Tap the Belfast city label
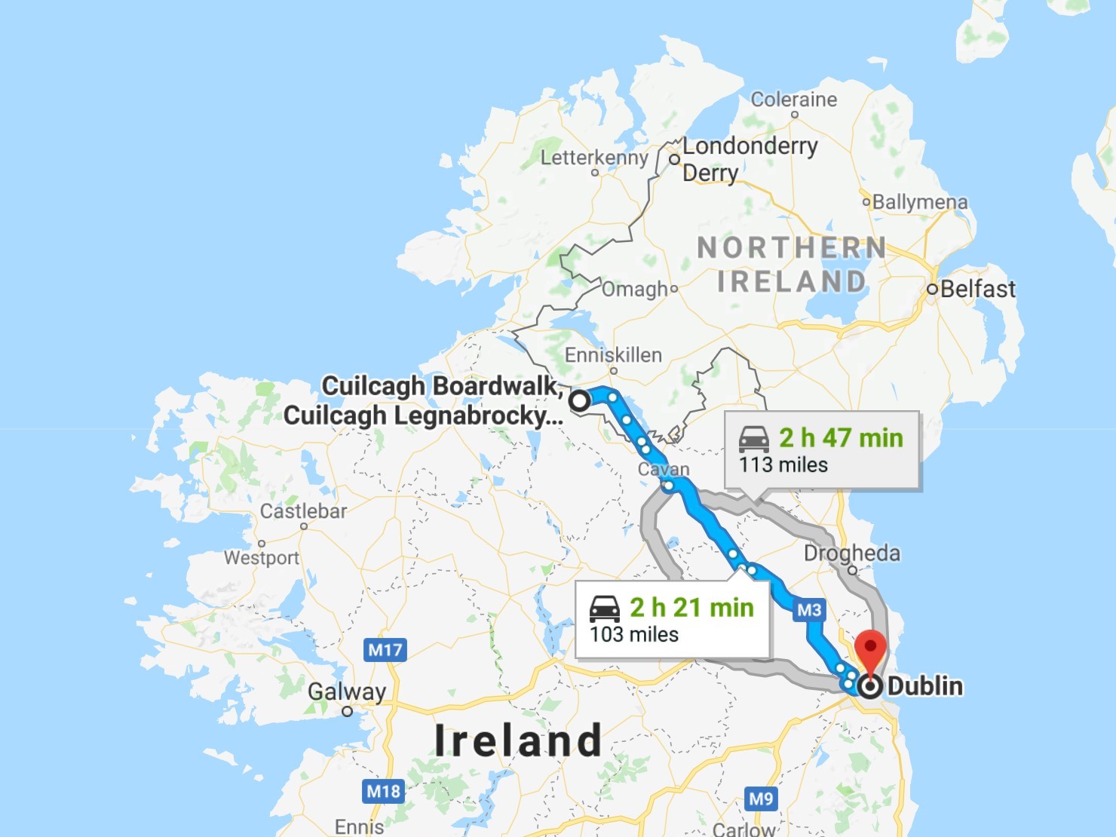(x=977, y=289)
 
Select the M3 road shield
(x=809, y=610)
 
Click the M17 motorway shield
(x=385, y=649)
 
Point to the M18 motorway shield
(x=383, y=791)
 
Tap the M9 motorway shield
(x=761, y=799)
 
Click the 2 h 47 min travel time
(x=841, y=438)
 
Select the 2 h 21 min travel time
(x=691, y=608)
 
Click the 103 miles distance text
(x=634, y=635)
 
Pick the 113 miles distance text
(x=783, y=464)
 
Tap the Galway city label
(x=347, y=691)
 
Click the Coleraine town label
(x=793, y=100)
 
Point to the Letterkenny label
(x=594, y=158)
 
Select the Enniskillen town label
(x=613, y=355)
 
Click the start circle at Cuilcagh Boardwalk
(x=579, y=401)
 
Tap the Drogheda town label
(x=851, y=553)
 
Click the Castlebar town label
(x=303, y=511)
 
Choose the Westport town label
(x=262, y=558)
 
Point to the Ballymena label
(x=919, y=202)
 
